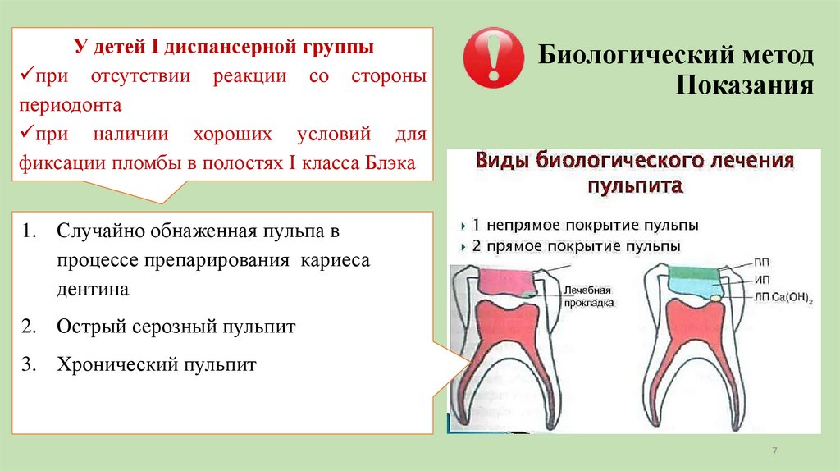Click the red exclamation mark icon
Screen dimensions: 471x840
coord(493,60)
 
